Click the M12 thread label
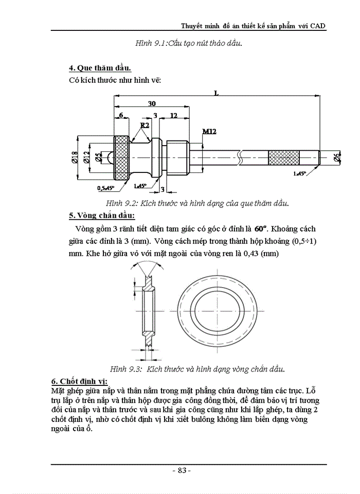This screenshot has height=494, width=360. [209, 132]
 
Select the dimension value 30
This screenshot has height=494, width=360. [152, 103]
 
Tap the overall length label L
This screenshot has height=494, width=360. [217, 93]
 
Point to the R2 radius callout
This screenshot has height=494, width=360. [145, 125]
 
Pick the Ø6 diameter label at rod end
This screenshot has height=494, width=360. [337, 158]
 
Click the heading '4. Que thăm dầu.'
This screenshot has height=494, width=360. [100, 68]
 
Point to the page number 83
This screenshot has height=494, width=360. [181, 470]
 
